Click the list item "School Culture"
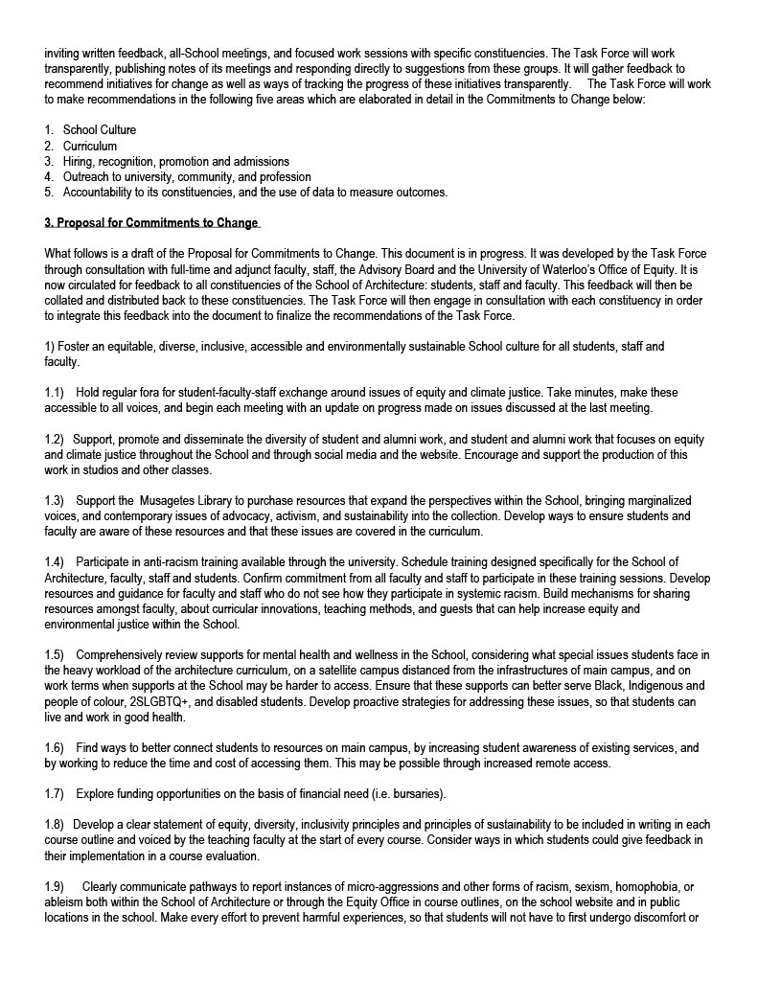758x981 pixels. click(100, 130)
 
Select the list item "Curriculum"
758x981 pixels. click(90, 146)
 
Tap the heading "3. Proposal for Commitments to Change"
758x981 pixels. click(151, 223)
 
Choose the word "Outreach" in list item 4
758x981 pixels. click(86, 176)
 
